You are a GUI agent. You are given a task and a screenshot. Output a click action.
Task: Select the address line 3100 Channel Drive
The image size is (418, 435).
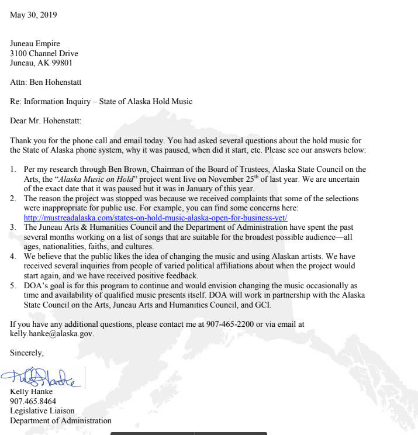pyautogui.click(x=44, y=54)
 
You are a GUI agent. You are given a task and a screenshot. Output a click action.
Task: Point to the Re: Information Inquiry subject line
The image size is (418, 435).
pyautogui.click(x=101, y=101)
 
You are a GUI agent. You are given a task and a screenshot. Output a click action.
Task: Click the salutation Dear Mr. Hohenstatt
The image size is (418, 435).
pyautogui.click(x=46, y=121)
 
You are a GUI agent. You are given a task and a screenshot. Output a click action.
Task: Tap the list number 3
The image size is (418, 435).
pyautogui.click(x=13, y=227)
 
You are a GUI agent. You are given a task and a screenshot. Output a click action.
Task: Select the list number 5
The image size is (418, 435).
pyautogui.click(x=13, y=285)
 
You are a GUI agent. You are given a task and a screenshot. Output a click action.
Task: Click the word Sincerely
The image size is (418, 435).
pyautogui.click(x=27, y=353)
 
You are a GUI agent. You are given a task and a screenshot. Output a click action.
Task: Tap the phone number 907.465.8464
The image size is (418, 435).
pyautogui.click(x=33, y=401)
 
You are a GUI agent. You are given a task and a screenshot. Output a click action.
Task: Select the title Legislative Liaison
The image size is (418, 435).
pyautogui.click(x=42, y=411)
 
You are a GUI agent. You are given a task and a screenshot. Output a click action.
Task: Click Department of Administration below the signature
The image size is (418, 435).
pyautogui.click(x=60, y=420)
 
